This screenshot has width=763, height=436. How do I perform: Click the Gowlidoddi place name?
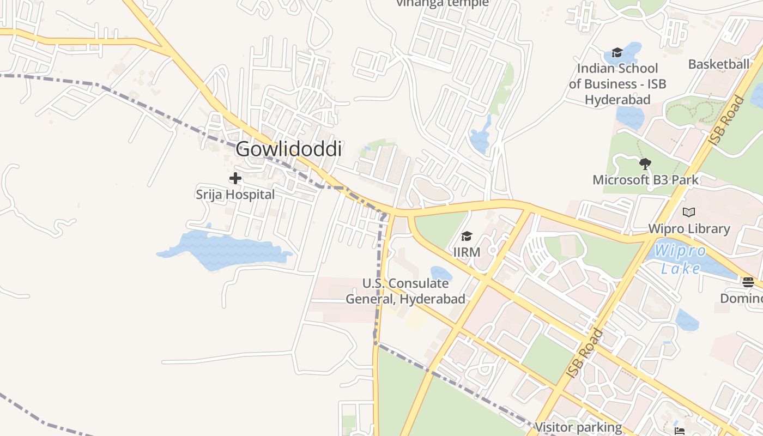(289, 149)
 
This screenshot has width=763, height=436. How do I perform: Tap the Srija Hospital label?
(235, 195)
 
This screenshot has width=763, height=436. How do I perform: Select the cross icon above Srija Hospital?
(235, 178)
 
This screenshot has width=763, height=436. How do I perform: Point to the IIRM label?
(467, 252)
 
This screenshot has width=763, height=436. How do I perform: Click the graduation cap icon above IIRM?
(467, 236)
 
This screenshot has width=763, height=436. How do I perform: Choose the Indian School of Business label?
(617, 84)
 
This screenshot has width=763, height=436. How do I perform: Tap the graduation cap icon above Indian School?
(617, 52)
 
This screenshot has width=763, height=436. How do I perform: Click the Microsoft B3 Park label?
(645, 180)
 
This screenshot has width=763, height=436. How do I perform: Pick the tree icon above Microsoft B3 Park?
(645, 163)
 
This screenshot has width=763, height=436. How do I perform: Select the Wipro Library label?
(689, 229)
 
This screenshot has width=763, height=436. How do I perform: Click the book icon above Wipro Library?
(689, 212)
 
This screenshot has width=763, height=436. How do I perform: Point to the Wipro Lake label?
(681, 260)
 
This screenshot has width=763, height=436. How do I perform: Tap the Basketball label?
(718, 64)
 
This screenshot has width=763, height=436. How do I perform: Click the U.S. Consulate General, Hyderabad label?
(405, 292)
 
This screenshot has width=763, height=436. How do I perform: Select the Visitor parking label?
(578, 427)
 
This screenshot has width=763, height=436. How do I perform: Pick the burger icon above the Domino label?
(748, 282)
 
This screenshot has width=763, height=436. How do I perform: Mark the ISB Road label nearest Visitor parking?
(585, 353)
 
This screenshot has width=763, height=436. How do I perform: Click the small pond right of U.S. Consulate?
(441, 274)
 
